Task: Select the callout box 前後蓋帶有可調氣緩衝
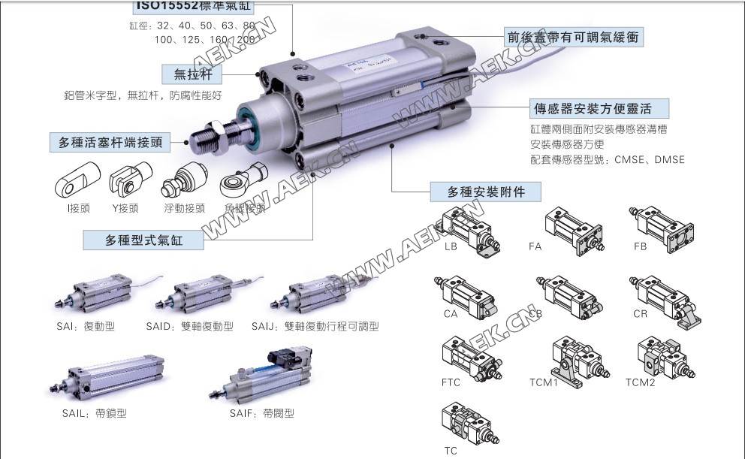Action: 573,36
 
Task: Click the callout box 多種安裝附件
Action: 486,192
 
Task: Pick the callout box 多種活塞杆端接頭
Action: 111,141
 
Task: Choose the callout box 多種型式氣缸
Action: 143,240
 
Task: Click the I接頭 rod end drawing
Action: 74,182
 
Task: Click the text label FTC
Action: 451,382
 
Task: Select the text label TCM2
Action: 640,382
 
